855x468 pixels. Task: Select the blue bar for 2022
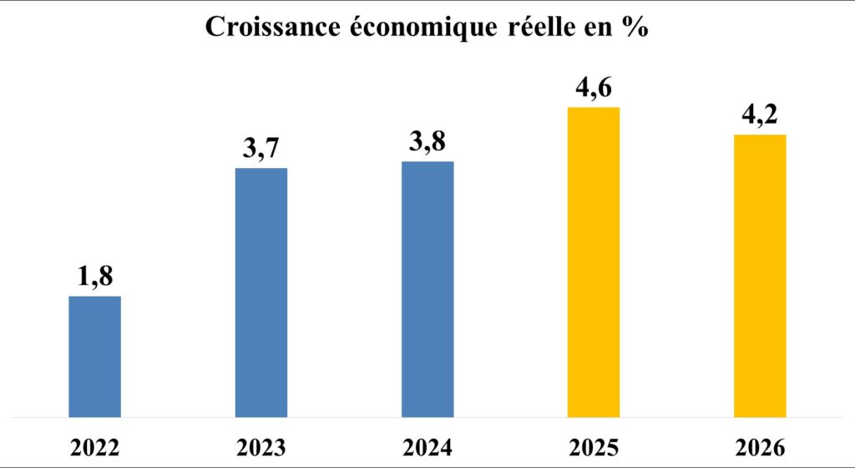pos(94,357)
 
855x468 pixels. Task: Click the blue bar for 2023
pos(261,292)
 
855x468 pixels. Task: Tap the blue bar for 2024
pos(427,289)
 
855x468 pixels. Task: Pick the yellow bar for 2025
pos(594,262)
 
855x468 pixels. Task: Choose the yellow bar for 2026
pos(760,276)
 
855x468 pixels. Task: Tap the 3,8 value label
pos(427,144)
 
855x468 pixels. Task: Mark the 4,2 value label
pos(760,116)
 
